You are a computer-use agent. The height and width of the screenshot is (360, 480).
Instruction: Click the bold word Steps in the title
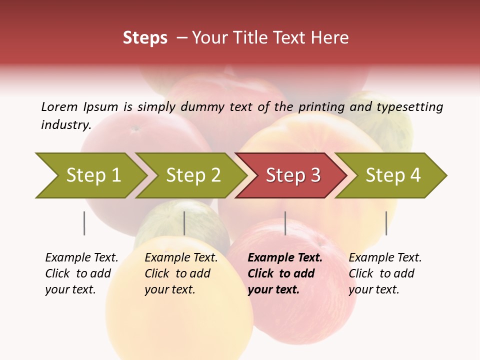pos(145,38)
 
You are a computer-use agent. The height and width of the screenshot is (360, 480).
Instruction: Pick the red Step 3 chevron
pos(293,175)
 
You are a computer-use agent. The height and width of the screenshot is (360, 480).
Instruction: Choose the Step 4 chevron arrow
pos(393,175)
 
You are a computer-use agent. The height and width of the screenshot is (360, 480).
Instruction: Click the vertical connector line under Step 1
pos(84,223)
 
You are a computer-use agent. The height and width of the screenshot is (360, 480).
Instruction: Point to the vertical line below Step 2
pos(184,223)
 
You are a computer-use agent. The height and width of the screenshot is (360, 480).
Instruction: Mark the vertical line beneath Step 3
pos(285,223)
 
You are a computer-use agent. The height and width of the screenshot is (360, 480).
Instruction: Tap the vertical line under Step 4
pos(386,223)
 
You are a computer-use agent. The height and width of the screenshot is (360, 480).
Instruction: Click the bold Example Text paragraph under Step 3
pos(285,273)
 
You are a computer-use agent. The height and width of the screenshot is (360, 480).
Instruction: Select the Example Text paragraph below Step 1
pos(81,273)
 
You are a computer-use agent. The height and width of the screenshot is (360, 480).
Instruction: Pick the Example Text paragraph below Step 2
pos(181,273)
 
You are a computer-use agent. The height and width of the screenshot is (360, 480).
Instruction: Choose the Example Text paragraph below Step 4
pos(385,273)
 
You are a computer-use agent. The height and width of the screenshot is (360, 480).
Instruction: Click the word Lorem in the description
pos(59,106)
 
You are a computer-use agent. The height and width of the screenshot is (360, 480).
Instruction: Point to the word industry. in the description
pos(66,125)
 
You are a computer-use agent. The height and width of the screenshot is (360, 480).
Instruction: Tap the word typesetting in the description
pos(409,107)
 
